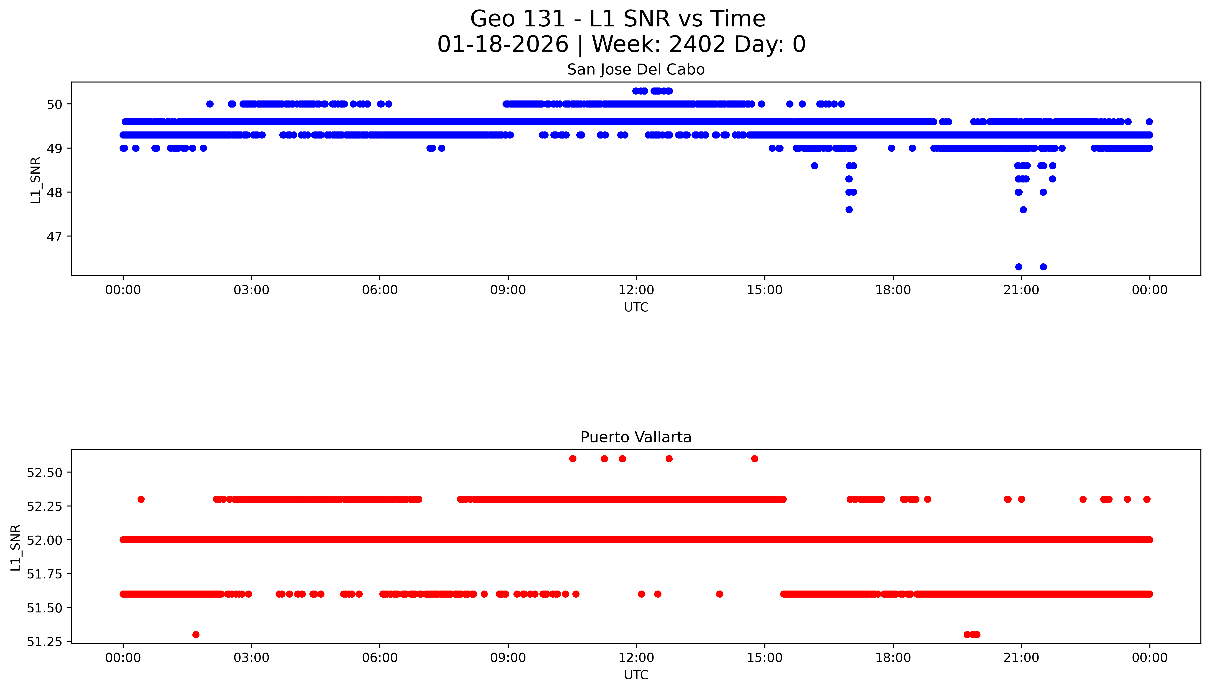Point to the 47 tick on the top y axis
pyautogui.click(x=54, y=236)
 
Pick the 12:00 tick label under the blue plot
pyautogui.click(x=636, y=290)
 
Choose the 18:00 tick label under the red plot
pyautogui.click(x=893, y=658)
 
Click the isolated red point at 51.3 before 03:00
pyautogui.click(x=196, y=634)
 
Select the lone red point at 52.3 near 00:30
pyautogui.click(x=141, y=499)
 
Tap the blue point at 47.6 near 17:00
pyautogui.click(x=849, y=210)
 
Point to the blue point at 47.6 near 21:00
pyautogui.click(x=1023, y=210)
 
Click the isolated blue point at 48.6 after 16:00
pyautogui.click(x=814, y=166)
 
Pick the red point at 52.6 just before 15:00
pyautogui.click(x=755, y=458)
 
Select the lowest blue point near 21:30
pyautogui.click(x=1043, y=267)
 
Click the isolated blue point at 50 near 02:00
pyautogui.click(x=210, y=104)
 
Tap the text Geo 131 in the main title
pyautogui.click(x=518, y=19)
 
